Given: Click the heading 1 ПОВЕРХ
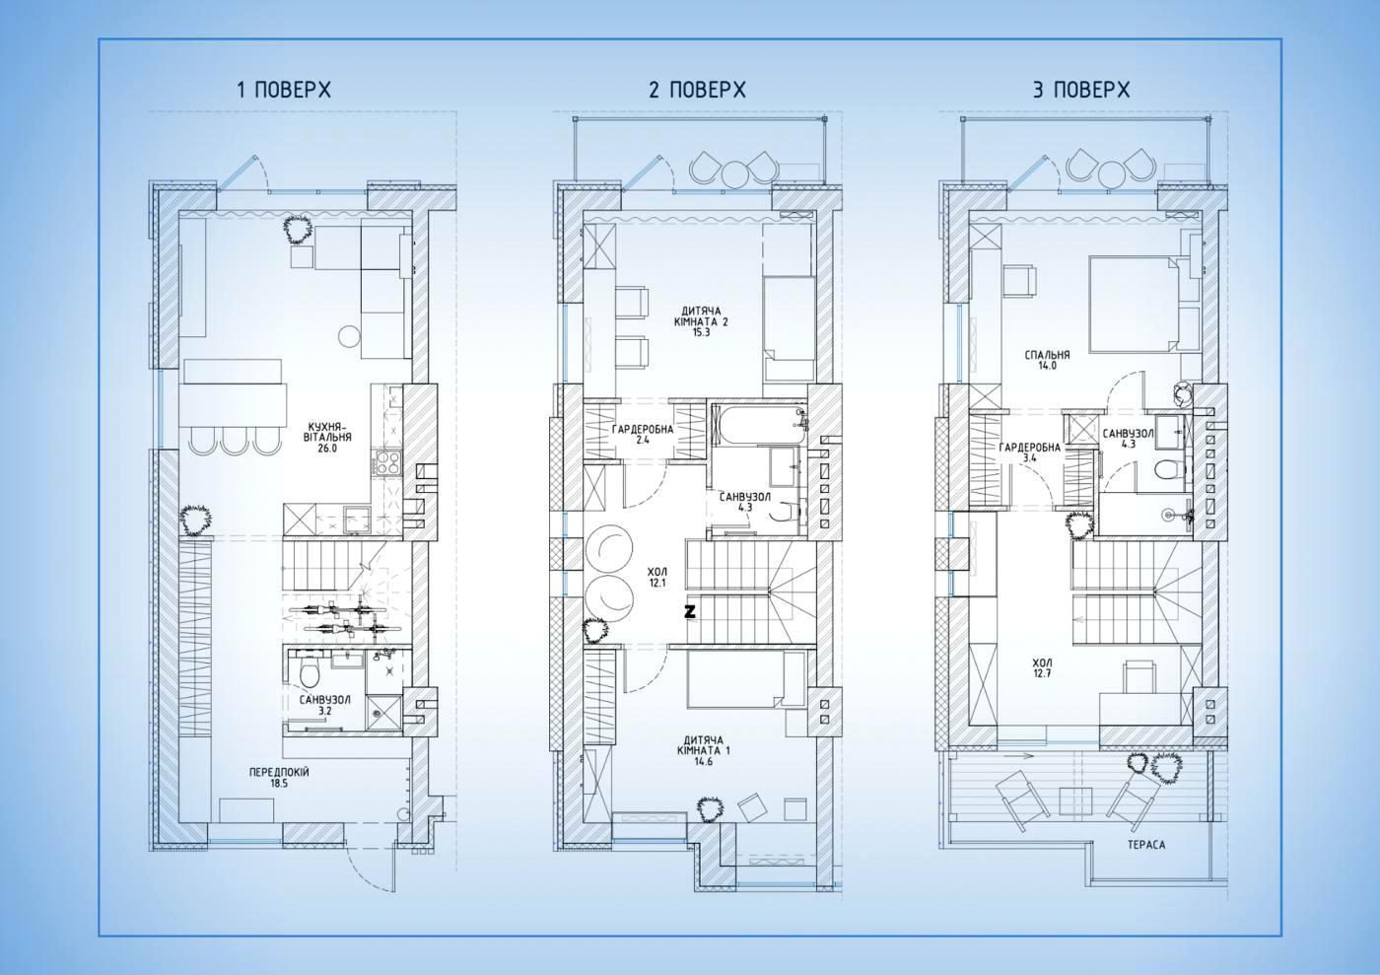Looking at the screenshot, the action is [284, 90].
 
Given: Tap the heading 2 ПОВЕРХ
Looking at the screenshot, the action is [698, 90].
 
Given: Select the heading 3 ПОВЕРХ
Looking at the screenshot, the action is [1082, 90].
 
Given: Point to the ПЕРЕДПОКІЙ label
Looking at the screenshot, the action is [279, 772].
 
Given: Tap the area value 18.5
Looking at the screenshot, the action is [278, 784].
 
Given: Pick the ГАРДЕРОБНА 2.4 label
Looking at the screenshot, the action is [643, 435].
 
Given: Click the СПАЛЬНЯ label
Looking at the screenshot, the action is [1047, 355].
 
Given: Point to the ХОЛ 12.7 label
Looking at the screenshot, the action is [1042, 668].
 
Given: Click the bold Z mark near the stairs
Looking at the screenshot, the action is [690, 611].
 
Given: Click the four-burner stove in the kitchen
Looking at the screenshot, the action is [386, 462].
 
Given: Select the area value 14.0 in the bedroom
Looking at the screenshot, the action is [1047, 366].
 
